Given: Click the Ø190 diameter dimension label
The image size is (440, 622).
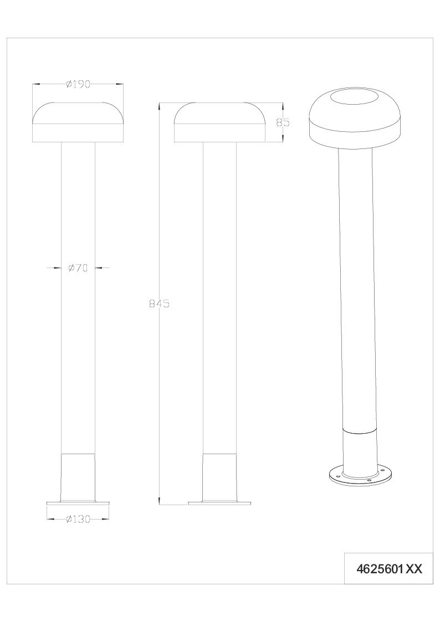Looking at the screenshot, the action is point(79,84).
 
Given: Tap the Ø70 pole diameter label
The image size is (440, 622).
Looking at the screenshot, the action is point(78,268).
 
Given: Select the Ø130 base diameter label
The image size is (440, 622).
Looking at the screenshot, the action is point(78,519).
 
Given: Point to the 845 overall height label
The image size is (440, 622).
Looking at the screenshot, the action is point(159,304).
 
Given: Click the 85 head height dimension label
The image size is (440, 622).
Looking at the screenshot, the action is point(283,122).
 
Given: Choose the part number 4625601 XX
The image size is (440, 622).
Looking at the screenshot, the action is point(389,569).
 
